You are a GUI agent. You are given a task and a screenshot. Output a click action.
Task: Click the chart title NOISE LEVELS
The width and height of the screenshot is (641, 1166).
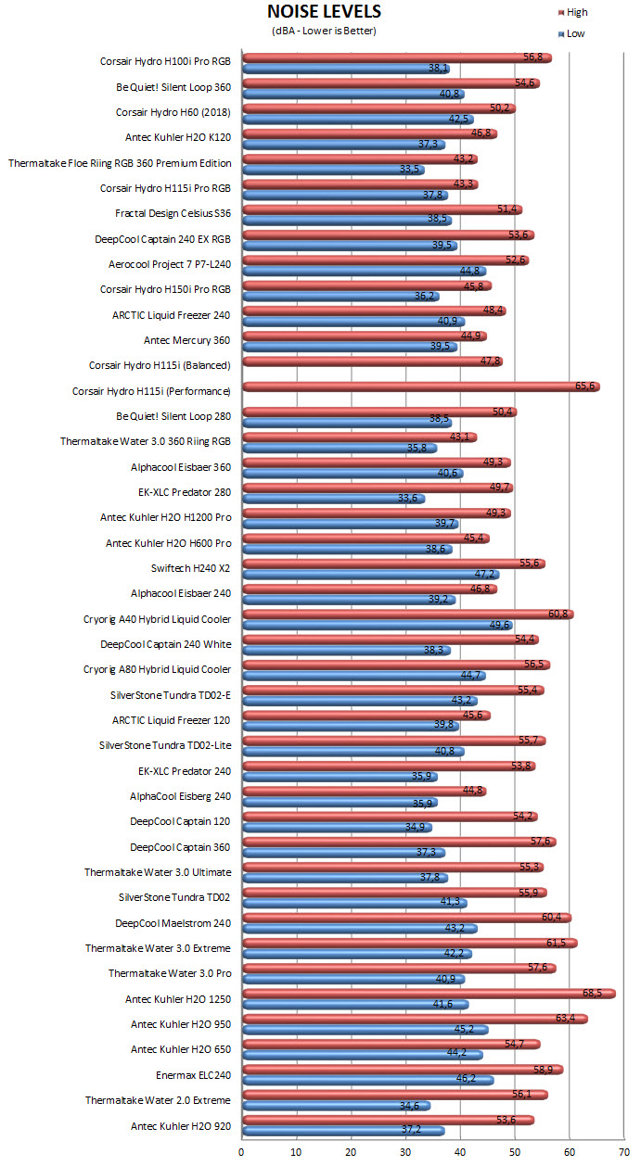324,11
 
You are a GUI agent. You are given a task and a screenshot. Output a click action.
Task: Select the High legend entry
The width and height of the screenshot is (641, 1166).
572,12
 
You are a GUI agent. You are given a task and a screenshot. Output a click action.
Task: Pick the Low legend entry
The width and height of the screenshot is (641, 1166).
571,34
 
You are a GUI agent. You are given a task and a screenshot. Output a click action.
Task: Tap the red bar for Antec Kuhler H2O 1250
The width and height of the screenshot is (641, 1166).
429,994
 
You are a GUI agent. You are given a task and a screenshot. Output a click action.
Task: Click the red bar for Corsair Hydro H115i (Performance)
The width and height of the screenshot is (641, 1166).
421,387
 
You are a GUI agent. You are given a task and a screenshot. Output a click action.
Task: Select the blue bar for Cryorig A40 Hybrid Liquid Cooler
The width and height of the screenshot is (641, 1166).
378,625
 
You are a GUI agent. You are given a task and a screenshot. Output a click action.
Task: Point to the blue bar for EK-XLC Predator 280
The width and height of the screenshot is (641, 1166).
334,499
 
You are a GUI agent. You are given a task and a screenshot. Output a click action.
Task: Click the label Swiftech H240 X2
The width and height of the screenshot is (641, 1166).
190,568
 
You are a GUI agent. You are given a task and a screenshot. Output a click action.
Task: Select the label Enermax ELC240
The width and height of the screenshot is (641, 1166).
193,1075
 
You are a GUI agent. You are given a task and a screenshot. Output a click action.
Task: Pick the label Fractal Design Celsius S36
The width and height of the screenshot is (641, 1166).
173,213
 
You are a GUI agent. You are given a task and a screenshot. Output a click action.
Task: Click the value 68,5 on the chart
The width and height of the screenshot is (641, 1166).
592,994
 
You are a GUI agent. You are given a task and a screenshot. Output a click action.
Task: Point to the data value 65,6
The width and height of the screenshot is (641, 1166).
584,386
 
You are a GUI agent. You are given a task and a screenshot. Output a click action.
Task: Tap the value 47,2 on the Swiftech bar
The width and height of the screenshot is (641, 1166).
484,574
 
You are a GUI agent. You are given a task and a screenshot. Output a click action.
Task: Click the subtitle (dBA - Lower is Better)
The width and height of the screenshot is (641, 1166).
324,31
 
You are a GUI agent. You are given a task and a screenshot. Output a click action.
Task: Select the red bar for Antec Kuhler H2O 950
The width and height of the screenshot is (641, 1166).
415,1019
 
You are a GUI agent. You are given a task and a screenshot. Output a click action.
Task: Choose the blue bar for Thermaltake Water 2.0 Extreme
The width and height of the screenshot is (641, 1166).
336,1106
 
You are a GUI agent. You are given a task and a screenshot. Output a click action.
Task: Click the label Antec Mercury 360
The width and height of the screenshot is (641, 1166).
186,340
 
